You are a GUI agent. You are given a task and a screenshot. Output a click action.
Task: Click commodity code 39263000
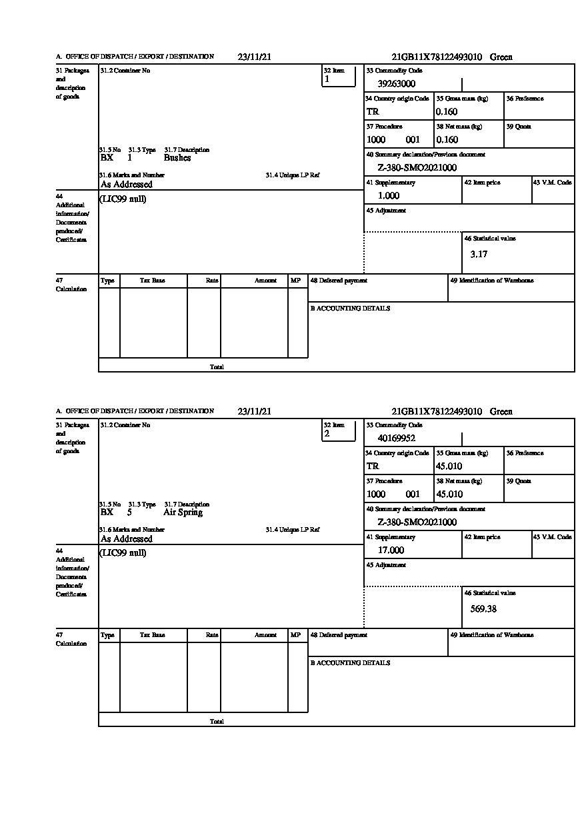[x=396, y=84]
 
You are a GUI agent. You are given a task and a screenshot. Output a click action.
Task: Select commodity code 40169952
[x=396, y=438]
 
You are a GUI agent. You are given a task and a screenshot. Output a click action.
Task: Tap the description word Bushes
[x=177, y=158]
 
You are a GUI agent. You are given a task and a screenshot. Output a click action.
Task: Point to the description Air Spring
[x=183, y=512]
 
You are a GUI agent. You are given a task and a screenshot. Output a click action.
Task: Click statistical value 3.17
[x=479, y=254]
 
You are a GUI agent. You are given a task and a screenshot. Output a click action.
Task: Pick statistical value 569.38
[x=483, y=608]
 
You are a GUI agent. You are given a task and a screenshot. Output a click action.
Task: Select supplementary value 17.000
[x=391, y=550]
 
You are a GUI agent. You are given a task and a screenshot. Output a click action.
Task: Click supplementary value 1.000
[x=389, y=196]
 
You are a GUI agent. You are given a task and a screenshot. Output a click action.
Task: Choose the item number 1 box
[x=339, y=79]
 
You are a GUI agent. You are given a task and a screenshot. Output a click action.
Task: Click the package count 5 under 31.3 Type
[x=129, y=512]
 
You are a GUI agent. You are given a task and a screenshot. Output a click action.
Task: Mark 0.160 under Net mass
[x=447, y=140]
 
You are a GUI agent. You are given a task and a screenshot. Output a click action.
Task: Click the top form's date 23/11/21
[x=254, y=57]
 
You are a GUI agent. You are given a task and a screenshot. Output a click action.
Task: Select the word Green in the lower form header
[x=501, y=412]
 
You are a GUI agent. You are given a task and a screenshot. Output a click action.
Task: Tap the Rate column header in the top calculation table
[x=212, y=281]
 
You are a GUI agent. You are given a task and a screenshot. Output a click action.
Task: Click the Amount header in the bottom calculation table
[x=265, y=636]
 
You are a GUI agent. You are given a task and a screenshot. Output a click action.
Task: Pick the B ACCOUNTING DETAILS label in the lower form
[x=350, y=663]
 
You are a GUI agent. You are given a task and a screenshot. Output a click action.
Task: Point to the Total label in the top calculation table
[x=217, y=367]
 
